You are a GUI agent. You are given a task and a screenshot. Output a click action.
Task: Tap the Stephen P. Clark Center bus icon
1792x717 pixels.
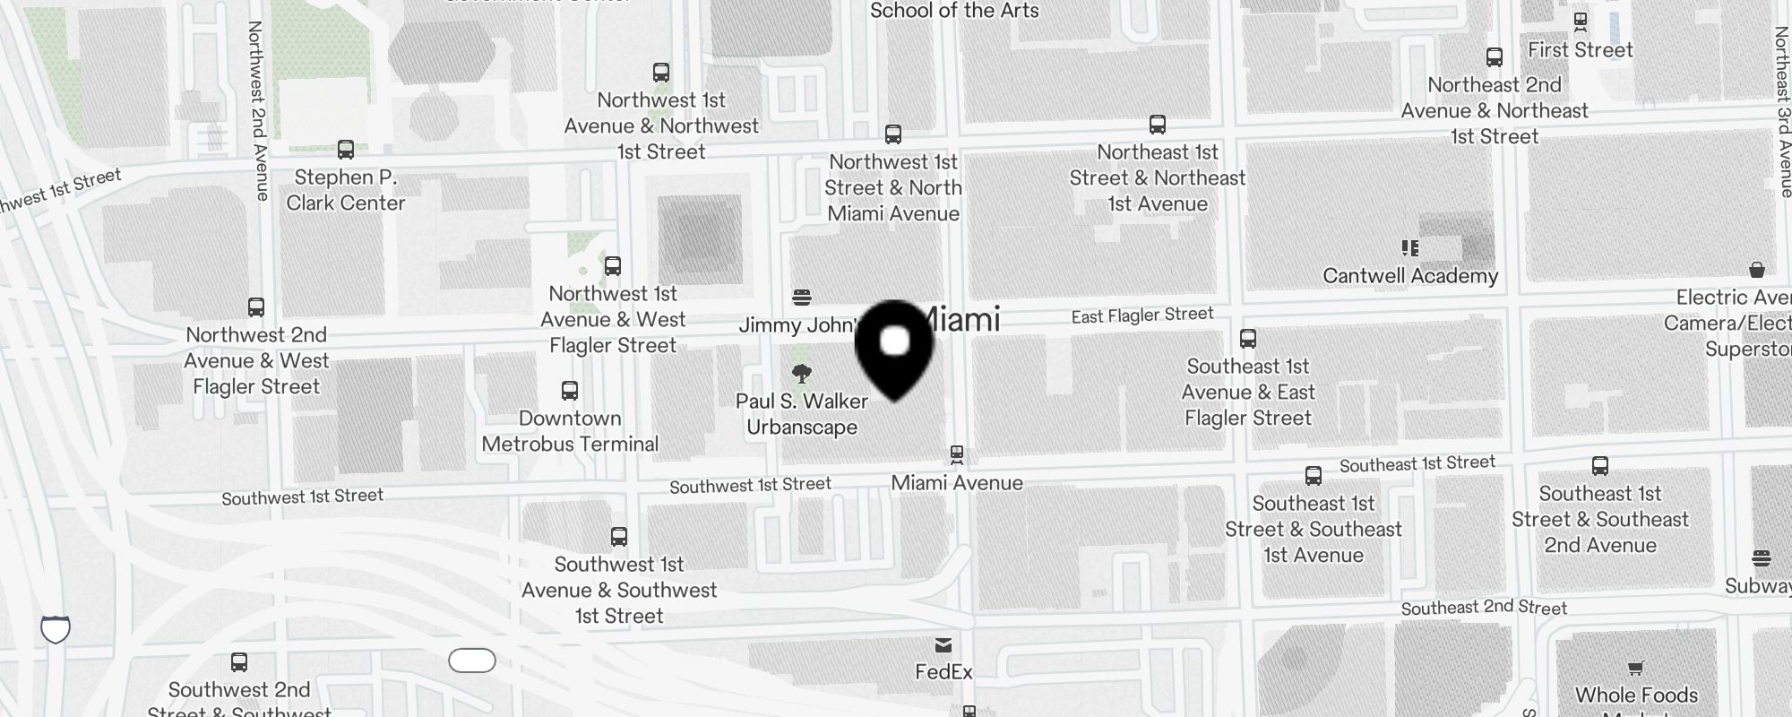(x=346, y=150)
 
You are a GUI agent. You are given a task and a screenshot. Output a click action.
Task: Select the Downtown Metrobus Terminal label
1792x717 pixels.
(x=570, y=431)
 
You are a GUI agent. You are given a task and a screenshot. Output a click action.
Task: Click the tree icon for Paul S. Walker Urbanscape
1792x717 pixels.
(x=802, y=374)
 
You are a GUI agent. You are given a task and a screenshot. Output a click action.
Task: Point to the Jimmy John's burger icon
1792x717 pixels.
(x=802, y=297)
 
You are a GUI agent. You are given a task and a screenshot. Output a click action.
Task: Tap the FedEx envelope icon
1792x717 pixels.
(x=943, y=645)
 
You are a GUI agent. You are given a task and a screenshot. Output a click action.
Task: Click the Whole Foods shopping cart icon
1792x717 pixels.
(x=1636, y=668)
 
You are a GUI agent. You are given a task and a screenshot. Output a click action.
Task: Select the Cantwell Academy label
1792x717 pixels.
(x=1410, y=276)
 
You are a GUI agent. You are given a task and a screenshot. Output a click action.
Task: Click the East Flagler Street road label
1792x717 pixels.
(x=1142, y=315)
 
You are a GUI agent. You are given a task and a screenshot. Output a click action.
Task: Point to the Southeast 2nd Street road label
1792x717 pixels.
(x=1484, y=608)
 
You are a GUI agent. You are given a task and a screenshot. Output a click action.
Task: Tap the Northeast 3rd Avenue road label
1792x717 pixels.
(x=1783, y=112)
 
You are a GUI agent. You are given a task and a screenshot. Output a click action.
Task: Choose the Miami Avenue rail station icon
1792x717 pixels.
(x=957, y=455)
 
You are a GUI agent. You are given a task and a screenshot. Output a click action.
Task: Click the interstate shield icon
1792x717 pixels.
(x=56, y=629)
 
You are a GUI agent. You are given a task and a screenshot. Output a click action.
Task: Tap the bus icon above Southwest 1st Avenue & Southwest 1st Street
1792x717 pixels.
(x=619, y=537)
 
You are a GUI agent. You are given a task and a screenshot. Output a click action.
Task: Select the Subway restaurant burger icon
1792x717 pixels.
(x=1762, y=559)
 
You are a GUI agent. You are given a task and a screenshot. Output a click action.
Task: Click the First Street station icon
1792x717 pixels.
(x=1581, y=22)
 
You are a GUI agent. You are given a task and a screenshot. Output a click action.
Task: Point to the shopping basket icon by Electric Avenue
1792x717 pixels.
(x=1757, y=270)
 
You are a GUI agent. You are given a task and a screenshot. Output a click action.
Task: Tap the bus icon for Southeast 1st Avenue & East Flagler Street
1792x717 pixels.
(x=1248, y=339)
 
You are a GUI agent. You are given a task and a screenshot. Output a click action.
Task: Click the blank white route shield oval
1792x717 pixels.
(x=472, y=661)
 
